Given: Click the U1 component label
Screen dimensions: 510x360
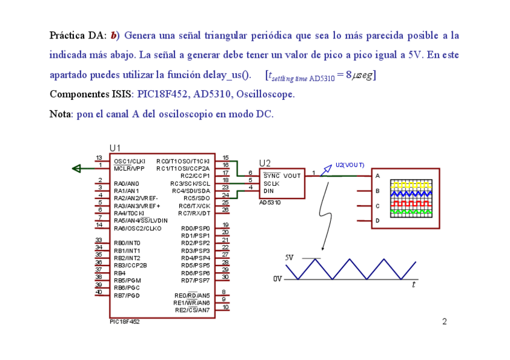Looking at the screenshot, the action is (x=115, y=148).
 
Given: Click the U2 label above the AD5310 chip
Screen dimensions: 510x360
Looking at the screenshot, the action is (x=265, y=163).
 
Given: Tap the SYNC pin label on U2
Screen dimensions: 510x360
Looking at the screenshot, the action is (x=272, y=175).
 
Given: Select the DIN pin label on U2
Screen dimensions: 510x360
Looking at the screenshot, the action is (x=268, y=191).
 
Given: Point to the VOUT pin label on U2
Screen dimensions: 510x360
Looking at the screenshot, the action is (x=292, y=175).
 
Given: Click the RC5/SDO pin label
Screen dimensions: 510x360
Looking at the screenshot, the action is (x=197, y=198).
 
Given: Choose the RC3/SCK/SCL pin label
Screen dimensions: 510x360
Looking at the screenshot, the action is (x=190, y=183).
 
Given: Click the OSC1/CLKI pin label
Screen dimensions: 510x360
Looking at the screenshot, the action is (x=129, y=161).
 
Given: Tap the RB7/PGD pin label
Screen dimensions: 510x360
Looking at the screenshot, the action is (x=126, y=295).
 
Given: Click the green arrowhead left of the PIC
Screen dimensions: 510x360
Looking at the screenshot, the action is (x=76, y=168).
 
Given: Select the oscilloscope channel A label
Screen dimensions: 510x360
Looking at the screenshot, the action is (x=377, y=176).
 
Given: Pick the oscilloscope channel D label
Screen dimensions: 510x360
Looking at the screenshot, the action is (x=377, y=221).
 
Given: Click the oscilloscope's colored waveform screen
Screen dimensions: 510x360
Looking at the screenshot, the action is (x=412, y=198).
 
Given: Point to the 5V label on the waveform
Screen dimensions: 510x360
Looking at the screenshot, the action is (x=289, y=258).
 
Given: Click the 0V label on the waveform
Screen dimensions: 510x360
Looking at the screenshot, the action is (x=278, y=279).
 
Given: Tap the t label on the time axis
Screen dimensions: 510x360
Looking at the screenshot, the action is (x=413, y=285).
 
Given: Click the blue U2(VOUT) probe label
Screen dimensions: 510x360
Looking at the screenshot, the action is (x=350, y=164).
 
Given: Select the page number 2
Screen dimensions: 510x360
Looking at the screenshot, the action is (x=444, y=322).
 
